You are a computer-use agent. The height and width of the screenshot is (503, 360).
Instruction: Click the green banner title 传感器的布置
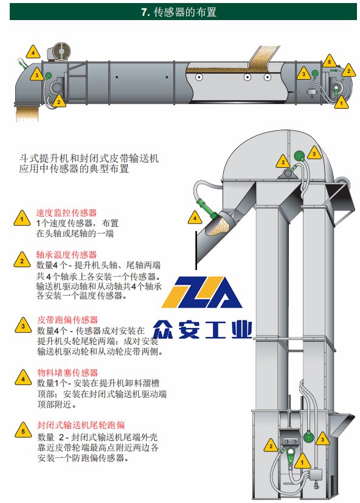click(x=185, y=12)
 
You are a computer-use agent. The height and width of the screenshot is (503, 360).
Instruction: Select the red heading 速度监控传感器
click(x=66, y=213)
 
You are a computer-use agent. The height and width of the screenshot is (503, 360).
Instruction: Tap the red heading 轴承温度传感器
click(x=66, y=255)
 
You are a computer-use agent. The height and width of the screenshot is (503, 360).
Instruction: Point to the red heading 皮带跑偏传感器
click(x=67, y=320)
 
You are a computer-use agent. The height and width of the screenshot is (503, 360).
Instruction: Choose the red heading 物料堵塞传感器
click(x=67, y=372)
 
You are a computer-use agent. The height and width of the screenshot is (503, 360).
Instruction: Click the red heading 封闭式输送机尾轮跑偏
click(x=81, y=425)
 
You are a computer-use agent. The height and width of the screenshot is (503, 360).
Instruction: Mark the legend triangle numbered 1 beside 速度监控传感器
click(x=22, y=218)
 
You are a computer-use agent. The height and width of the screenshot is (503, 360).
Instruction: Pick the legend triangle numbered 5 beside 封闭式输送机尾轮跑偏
click(x=23, y=430)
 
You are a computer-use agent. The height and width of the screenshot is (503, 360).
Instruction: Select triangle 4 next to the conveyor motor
click(x=33, y=52)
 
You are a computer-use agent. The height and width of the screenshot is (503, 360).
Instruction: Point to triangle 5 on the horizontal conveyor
click(x=329, y=61)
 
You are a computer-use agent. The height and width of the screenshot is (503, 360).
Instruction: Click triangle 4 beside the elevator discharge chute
click(x=195, y=218)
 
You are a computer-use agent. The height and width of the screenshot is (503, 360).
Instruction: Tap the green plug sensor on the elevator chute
click(x=206, y=207)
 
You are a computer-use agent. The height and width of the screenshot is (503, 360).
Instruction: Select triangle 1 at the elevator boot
click(x=302, y=461)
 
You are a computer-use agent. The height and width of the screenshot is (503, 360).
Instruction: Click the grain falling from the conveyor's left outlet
click(x=27, y=113)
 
